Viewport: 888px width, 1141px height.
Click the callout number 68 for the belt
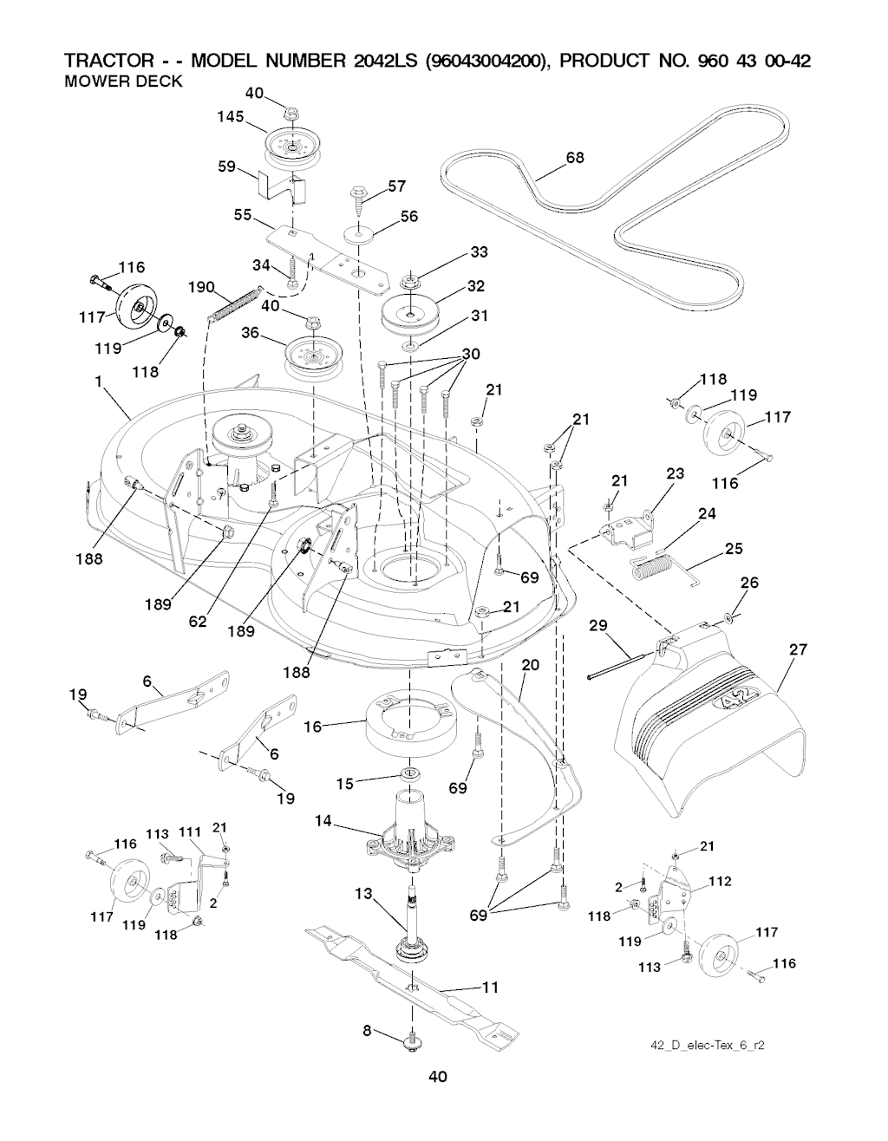(574, 157)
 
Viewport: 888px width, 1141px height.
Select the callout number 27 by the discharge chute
(800, 649)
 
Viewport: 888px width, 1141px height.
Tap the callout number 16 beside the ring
(312, 727)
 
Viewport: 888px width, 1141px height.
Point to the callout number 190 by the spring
(201, 287)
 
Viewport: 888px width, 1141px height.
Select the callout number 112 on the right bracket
(721, 882)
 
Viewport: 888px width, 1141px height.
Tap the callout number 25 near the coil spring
(735, 549)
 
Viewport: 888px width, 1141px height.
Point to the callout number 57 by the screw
(397, 186)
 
